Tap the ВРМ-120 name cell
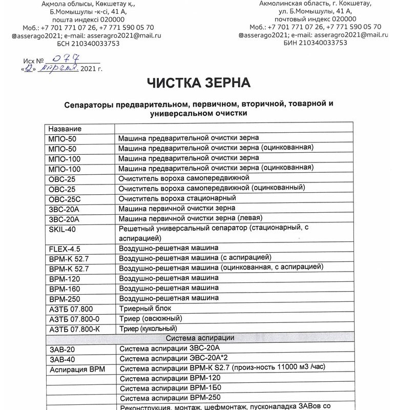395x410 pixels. (x=64, y=278)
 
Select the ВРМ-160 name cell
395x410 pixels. (x=64, y=289)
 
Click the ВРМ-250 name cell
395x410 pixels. (x=64, y=298)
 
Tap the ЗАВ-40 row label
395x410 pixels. (x=61, y=359)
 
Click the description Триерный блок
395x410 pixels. (x=144, y=308)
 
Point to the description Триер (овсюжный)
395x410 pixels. (x=148, y=318)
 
